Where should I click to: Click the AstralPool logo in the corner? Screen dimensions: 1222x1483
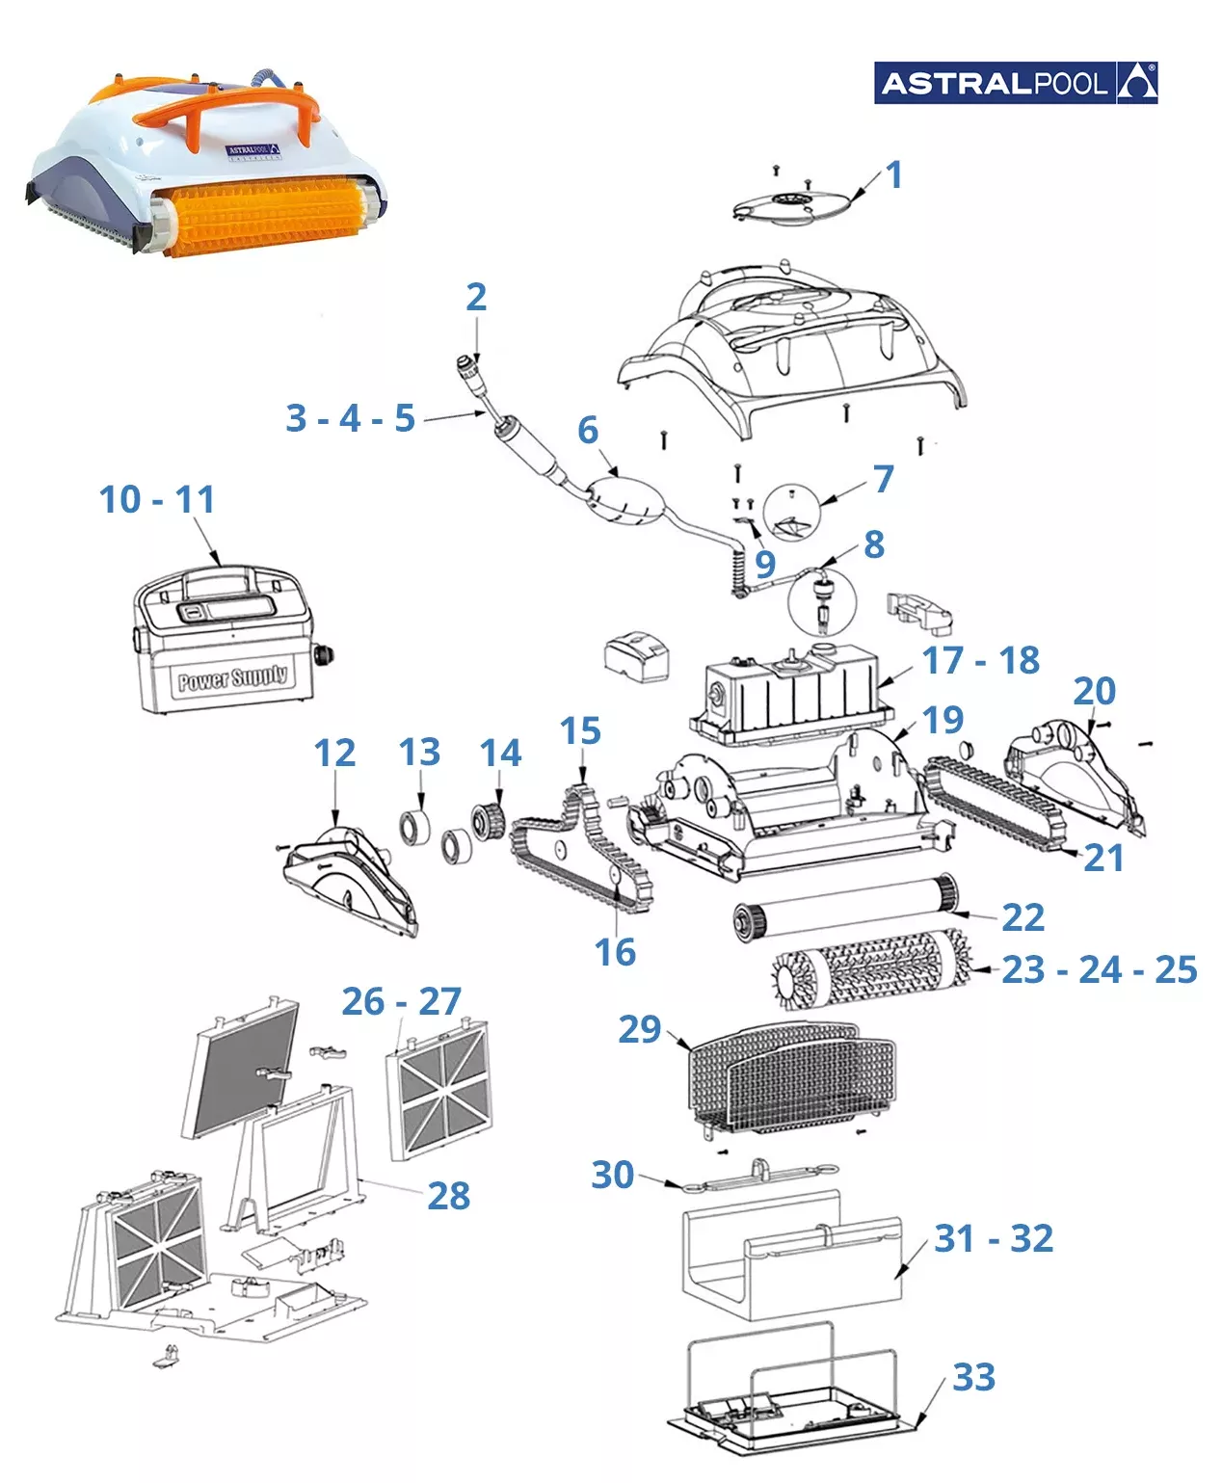[x=1015, y=83]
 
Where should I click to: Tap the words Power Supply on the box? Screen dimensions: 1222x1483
[x=232, y=677]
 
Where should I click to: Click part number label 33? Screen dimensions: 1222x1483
[x=973, y=1377]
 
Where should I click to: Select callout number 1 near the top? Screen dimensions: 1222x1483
[x=893, y=174]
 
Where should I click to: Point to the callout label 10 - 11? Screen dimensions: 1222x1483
[x=157, y=499]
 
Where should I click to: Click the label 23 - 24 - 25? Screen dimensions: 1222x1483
[x=1099, y=969]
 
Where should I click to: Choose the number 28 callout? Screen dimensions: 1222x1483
[x=448, y=1196]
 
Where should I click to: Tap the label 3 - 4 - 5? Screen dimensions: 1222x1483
[x=350, y=417]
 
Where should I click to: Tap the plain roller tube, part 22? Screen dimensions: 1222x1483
[x=845, y=909]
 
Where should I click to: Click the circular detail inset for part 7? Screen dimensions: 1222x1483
[x=791, y=512]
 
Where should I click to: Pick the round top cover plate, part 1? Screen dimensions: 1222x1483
[x=792, y=207]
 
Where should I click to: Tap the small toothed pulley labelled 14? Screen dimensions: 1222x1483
[x=488, y=822]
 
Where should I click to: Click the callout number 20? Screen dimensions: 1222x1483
[x=1094, y=690]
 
